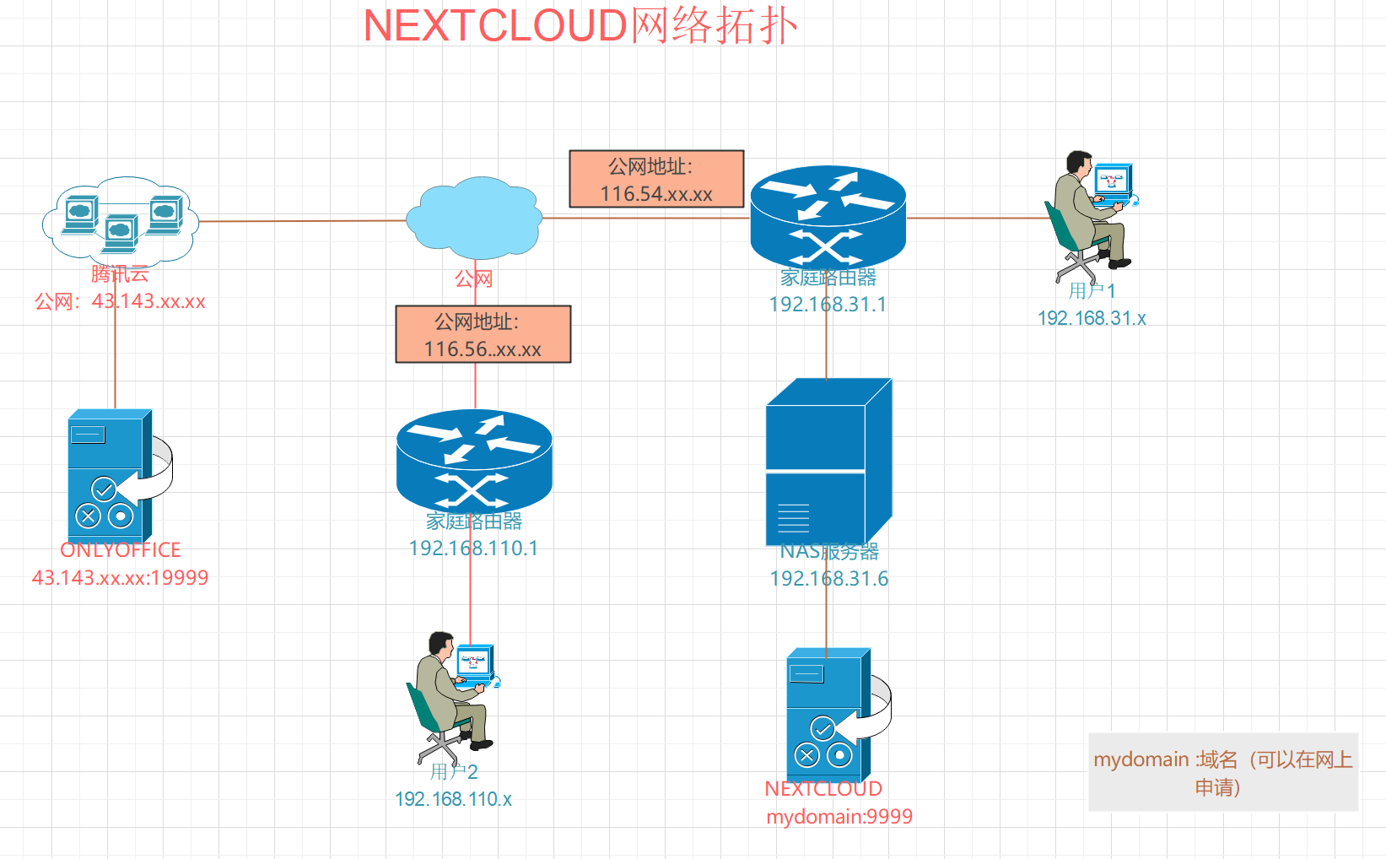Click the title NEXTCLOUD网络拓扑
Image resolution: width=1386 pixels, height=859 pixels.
[580, 25]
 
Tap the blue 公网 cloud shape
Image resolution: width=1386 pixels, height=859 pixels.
[474, 217]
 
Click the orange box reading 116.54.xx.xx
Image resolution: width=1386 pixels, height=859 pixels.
[656, 179]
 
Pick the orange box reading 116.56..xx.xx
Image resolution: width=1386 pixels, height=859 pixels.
[483, 334]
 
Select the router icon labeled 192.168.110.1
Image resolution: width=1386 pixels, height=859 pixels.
[474, 461]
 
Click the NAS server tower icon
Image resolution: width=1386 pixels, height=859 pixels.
[828, 462]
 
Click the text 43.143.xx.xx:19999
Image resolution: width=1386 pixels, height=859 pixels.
[120, 578]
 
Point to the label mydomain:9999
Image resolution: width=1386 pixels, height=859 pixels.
[839, 817]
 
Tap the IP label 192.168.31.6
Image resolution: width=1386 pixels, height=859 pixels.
[828, 579]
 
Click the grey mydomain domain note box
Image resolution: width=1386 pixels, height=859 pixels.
[1222, 772]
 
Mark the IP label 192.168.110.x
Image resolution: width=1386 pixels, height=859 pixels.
[453, 799]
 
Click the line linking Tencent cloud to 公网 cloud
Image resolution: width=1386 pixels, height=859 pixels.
[304, 221]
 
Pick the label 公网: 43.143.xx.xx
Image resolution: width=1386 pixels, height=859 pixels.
[120, 301]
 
